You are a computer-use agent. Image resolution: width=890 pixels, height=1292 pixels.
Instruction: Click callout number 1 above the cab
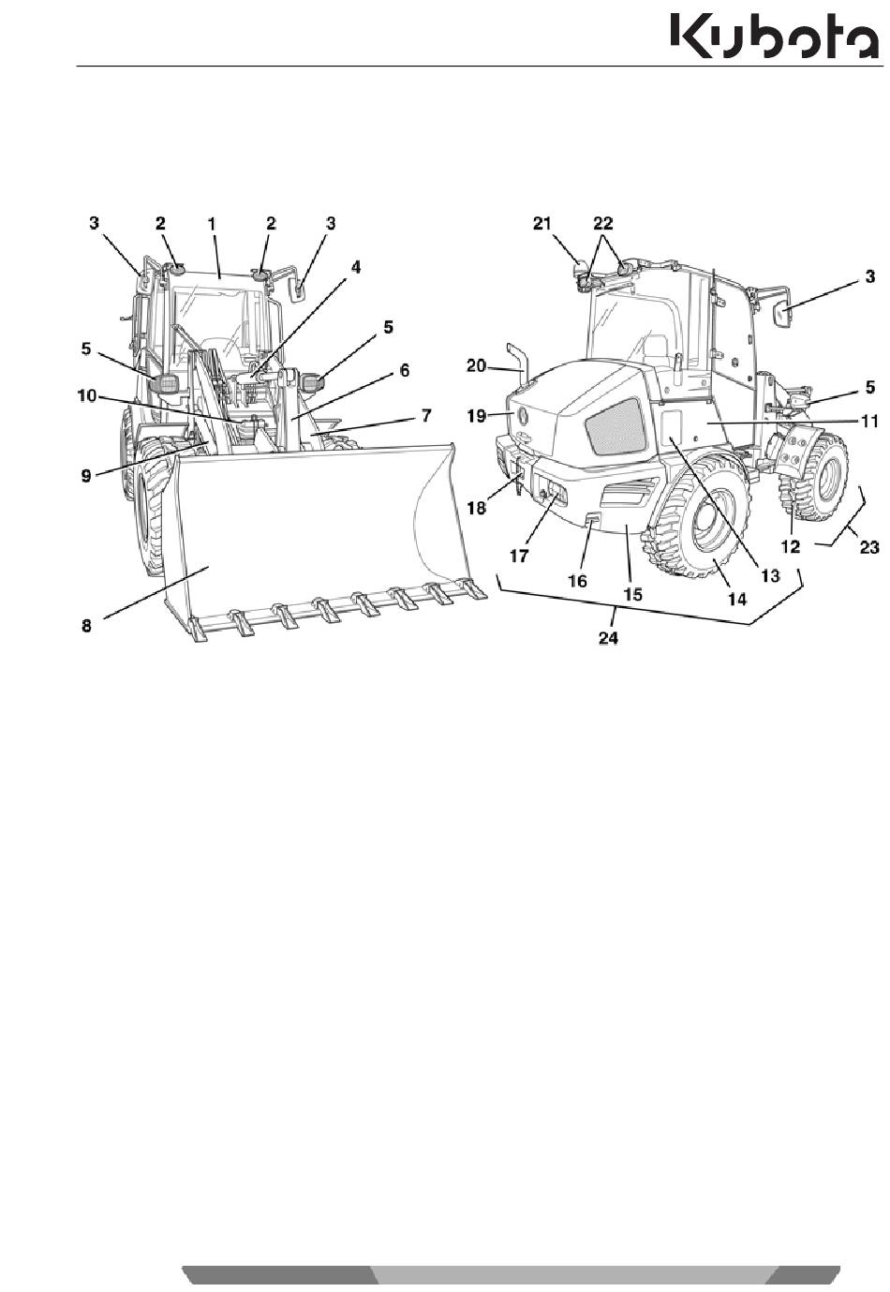(x=213, y=224)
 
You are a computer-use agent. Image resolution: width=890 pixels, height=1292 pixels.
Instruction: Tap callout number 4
(x=356, y=268)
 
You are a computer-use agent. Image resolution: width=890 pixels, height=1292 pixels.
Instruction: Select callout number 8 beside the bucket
(x=86, y=626)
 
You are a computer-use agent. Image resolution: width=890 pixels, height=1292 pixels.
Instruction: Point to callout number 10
(x=88, y=397)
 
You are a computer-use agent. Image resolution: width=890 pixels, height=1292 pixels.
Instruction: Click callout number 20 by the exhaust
(x=477, y=365)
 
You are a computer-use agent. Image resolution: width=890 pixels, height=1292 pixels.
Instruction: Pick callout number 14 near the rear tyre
(x=737, y=600)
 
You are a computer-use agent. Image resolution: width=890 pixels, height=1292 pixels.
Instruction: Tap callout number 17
(x=518, y=556)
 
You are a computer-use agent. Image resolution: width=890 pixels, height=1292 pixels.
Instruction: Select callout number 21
(x=542, y=223)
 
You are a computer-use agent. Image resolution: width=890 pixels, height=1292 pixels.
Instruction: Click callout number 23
(x=869, y=546)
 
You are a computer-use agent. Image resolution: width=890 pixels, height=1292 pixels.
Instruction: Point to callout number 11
(x=869, y=422)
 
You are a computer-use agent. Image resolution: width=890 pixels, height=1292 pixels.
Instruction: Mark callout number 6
(x=405, y=370)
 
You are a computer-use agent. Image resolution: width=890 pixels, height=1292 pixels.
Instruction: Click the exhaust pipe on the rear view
(x=519, y=362)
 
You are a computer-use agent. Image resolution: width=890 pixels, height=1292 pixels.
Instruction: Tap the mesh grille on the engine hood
(x=615, y=425)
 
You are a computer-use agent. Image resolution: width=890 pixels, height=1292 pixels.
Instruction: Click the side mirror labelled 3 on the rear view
(x=782, y=317)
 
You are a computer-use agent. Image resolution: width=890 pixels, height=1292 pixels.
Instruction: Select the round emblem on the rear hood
(x=523, y=414)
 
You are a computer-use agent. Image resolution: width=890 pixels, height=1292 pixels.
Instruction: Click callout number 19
(x=477, y=416)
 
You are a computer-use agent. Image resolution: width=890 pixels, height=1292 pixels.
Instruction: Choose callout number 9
(x=86, y=477)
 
